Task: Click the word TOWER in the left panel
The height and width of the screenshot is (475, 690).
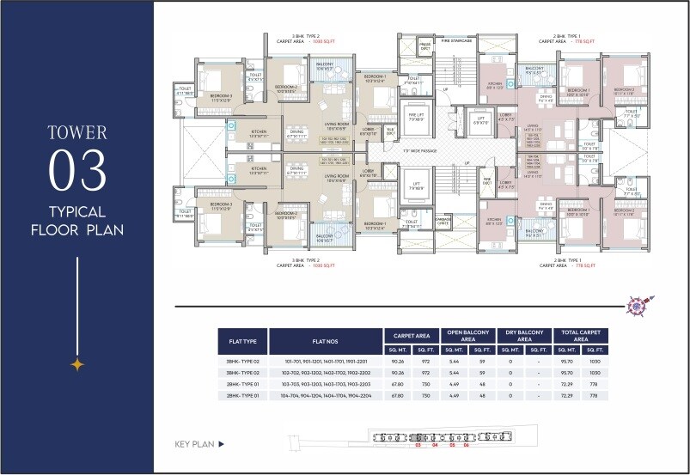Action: pos(77,133)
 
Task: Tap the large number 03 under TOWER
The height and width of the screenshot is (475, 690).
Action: pos(77,170)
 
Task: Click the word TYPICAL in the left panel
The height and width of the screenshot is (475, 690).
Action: pos(77,211)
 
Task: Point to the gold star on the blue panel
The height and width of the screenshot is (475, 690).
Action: pos(77,364)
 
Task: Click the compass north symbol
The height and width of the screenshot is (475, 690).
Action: pos(637,304)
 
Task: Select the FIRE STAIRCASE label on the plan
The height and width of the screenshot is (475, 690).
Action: pos(458,40)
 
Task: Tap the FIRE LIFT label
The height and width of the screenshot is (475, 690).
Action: pos(416,116)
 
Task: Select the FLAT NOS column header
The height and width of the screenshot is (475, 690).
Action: pos(325,341)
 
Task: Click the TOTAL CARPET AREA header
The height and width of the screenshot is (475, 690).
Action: pos(581,336)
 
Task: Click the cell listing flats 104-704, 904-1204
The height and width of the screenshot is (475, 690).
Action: pos(325,396)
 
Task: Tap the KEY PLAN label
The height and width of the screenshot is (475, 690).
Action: pos(193,444)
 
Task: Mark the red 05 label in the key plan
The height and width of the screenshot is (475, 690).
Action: pos(451,446)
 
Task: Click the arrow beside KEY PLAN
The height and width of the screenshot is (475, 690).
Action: pos(221,444)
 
